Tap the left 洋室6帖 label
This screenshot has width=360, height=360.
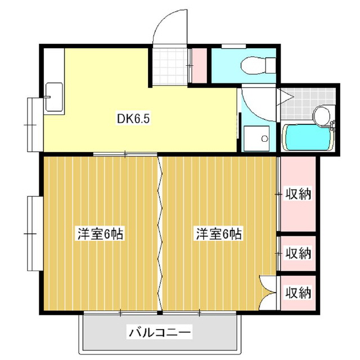pyautogui.click(x=100, y=233)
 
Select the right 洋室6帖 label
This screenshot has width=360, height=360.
pyautogui.click(x=219, y=233)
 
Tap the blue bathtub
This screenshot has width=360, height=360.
pyautogui.click(x=308, y=137)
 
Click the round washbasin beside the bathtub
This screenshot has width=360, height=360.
pyautogui.click(x=322, y=115)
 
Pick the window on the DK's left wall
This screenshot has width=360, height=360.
pyautogui.click(x=31, y=123)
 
